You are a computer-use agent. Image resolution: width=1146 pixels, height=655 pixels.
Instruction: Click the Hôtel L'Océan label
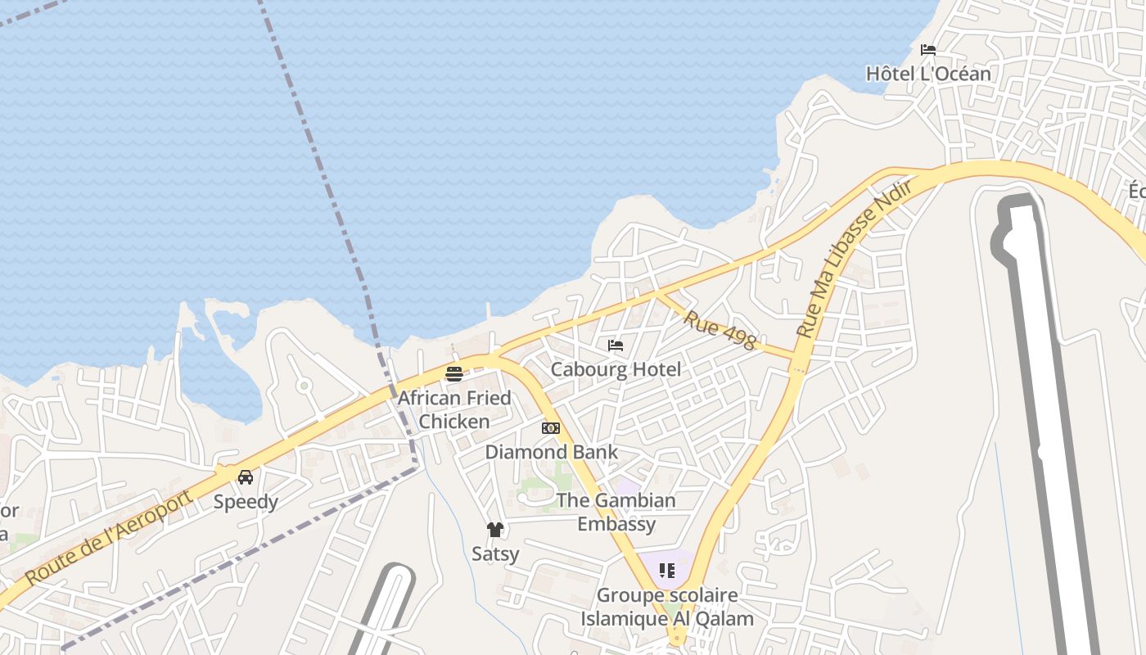coord(928,74)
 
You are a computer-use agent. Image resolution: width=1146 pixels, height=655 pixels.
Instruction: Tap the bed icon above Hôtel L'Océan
coord(928,50)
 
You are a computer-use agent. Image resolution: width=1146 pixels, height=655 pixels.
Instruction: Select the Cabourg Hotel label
coord(616,369)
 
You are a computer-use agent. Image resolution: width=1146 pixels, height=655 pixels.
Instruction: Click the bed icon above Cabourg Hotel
coord(616,346)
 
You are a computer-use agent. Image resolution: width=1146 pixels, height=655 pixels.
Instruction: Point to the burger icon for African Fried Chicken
coord(454,374)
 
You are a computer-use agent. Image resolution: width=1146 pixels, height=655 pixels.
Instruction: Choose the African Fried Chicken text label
coord(454,409)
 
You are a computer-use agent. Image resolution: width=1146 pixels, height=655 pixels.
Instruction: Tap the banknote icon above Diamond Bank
coord(551,428)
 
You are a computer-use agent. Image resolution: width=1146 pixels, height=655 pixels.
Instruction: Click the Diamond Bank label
coord(552,452)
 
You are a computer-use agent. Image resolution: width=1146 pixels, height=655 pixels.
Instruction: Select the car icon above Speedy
coord(246,477)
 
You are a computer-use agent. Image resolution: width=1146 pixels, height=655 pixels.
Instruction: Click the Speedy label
coord(246,502)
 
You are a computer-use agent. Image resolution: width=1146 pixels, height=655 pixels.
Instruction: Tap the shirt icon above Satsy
coord(494,530)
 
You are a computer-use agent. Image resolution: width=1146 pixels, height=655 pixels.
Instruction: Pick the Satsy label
coord(495,554)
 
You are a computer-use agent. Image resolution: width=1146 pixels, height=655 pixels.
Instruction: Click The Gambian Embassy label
coord(616,512)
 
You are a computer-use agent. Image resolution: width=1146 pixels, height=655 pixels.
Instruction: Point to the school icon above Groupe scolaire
coord(667,570)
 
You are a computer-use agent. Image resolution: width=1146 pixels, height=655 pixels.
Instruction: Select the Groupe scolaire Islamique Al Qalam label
coord(667,607)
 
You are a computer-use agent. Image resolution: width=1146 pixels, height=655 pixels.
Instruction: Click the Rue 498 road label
coord(720,330)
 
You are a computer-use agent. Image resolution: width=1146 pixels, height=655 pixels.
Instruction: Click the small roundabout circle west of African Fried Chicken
coord(304,385)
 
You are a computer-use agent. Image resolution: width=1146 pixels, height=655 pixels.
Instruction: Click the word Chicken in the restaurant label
coord(454,422)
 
